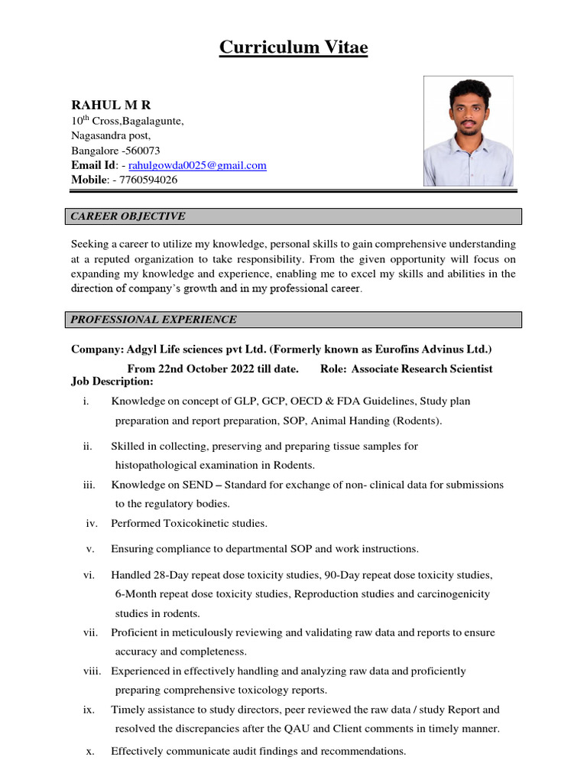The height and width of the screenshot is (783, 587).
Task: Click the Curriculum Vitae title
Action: (x=293, y=48)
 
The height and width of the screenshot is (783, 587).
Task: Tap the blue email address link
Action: (x=197, y=165)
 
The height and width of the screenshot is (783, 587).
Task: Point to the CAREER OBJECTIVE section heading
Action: (x=128, y=216)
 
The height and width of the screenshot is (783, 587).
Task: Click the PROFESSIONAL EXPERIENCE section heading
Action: (x=154, y=320)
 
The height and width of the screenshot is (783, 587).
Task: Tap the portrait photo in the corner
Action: (x=469, y=131)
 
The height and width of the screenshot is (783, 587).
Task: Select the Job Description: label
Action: (x=112, y=382)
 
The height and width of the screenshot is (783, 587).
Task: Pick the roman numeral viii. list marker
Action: (x=92, y=671)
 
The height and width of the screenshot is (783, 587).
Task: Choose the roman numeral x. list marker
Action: (x=90, y=751)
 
